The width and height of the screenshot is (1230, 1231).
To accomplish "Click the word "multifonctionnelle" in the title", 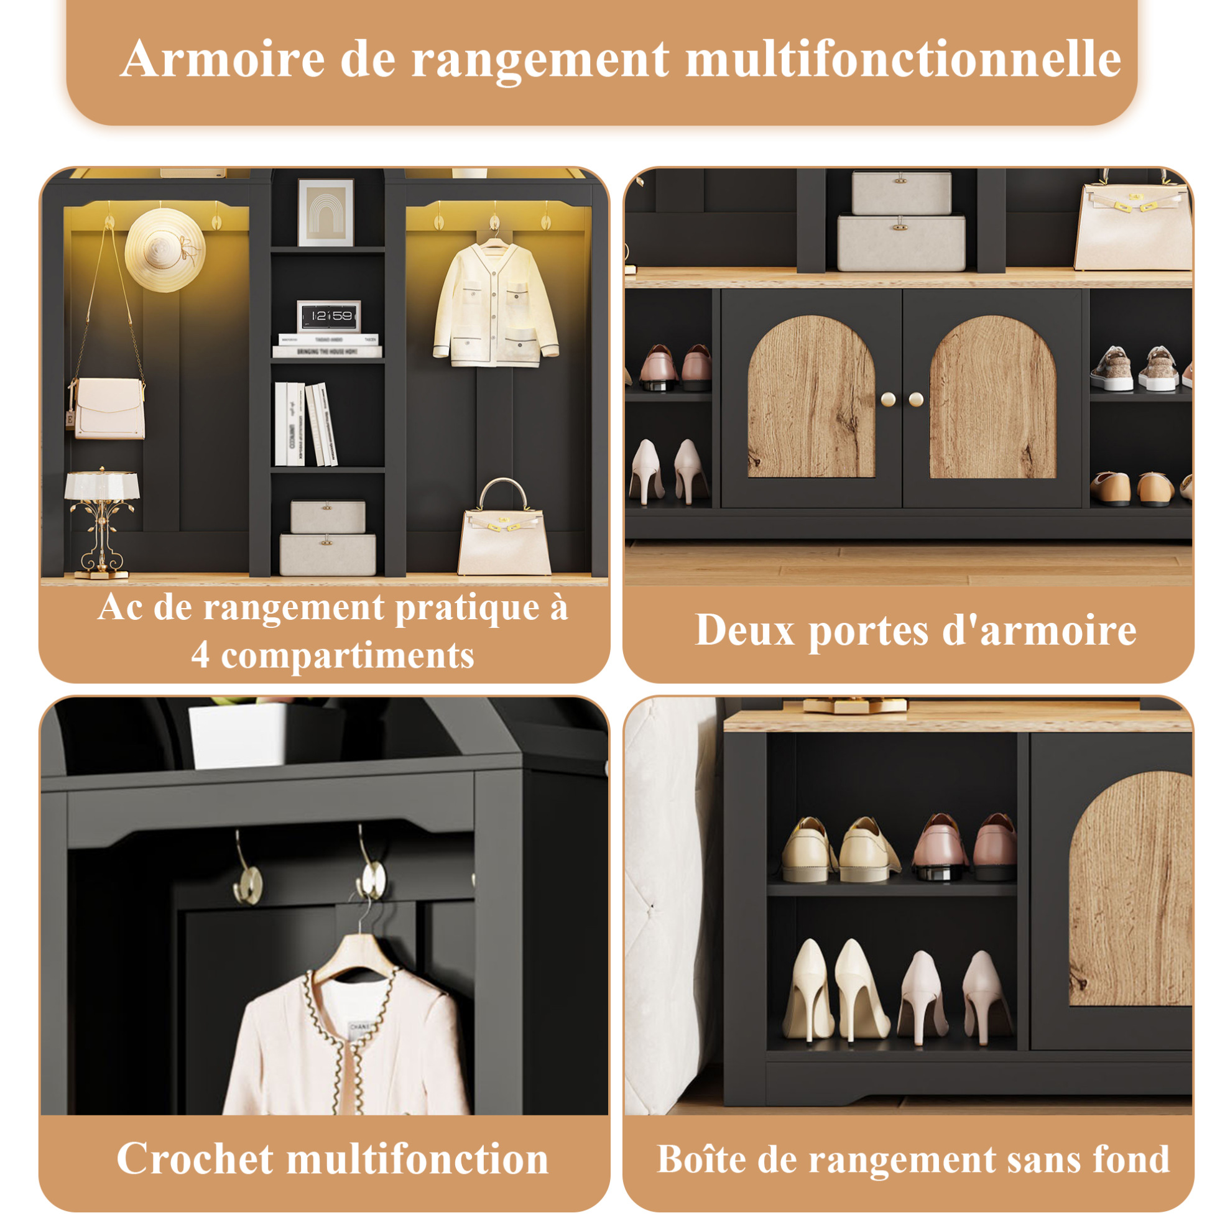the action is tap(903, 59).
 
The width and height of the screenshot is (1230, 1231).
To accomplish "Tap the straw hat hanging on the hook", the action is tap(164, 250).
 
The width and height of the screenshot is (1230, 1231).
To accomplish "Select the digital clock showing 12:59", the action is tap(328, 316).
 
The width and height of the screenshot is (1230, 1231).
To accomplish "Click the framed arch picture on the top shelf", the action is tap(326, 212).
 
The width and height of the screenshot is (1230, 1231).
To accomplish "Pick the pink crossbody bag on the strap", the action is tap(109, 408).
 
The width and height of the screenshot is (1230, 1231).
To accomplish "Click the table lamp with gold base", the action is tap(102, 523).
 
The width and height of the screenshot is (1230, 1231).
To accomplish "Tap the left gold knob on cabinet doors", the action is tap(887, 400).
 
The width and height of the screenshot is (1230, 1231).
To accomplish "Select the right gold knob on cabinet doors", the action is tap(916, 400).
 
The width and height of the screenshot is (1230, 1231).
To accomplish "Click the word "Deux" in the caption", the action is tap(744, 630).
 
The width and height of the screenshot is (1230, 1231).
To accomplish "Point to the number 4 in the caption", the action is tap(200, 655).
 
